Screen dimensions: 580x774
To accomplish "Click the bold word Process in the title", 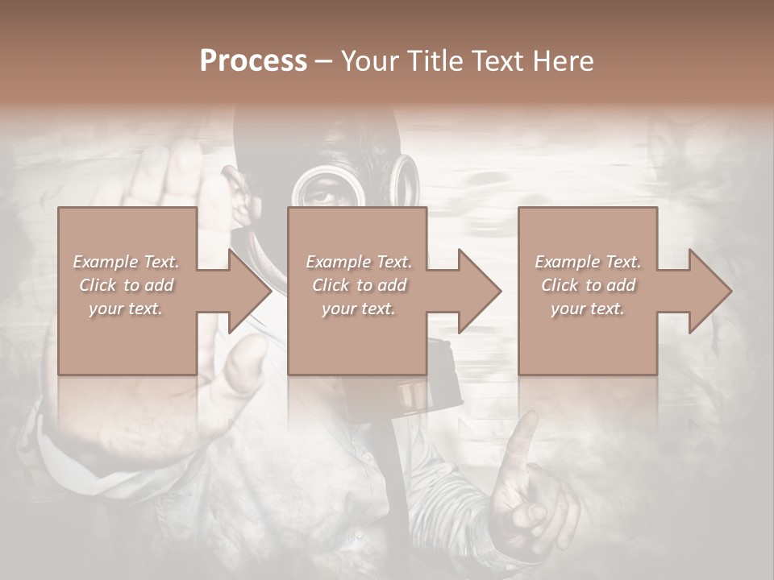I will pos(253,60).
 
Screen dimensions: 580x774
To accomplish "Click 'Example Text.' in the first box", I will pos(126,262).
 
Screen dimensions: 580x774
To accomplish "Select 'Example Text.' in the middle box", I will pos(358,262).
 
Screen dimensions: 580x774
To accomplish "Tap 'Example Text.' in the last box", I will pos(588,262).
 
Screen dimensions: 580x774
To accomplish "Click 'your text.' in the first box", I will pos(126,309).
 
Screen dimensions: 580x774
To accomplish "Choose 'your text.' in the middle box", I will pos(358,309).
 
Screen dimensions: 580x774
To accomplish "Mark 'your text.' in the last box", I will pos(588,309).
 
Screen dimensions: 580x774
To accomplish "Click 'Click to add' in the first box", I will pos(126,285).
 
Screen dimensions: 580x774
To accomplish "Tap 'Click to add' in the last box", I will pos(588,285).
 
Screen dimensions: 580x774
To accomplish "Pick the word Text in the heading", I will pos(498,60).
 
